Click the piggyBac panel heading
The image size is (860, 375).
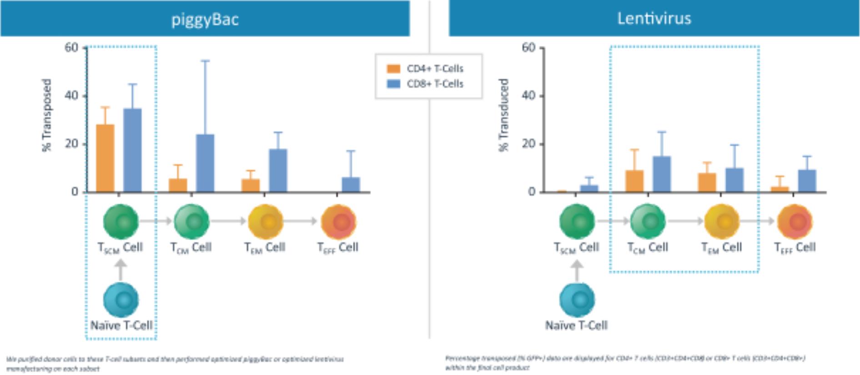205,19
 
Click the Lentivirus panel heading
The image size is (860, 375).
654,18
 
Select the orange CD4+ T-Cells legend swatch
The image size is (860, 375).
393,69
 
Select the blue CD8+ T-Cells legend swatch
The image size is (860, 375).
393,84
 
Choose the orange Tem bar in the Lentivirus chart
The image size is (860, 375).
707,182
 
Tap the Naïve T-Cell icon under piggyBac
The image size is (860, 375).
121,300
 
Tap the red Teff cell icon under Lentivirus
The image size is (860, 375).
795,222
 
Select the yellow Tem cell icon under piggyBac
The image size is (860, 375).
266,222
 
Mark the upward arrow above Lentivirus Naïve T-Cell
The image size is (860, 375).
577,270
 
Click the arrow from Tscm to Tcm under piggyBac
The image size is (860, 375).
156,221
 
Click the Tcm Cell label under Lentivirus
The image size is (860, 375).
648,247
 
